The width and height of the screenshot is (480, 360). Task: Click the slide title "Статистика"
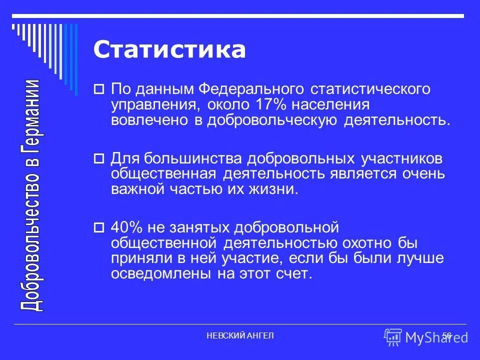tap(169, 51)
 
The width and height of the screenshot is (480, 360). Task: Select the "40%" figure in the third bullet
tap(127, 228)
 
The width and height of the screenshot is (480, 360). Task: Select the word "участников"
tap(401, 158)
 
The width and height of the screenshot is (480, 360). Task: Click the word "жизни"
tap(274, 189)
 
